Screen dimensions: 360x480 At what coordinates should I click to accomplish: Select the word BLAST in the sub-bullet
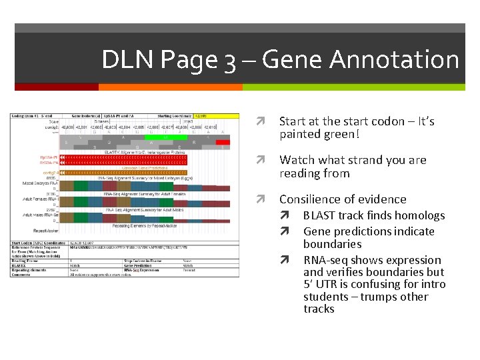coord(319,215)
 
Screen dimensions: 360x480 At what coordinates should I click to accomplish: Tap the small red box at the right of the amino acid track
coord(223,141)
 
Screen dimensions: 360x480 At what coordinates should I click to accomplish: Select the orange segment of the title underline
coord(170,87)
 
